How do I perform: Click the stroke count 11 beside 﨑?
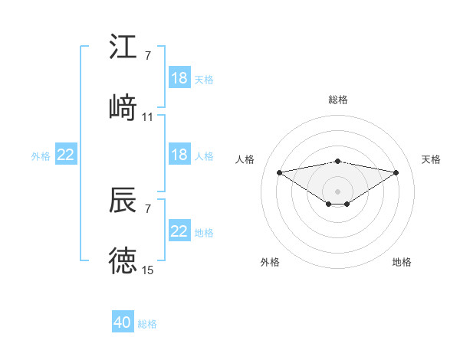[x=148, y=117]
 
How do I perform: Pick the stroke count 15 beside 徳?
[x=148, y=270]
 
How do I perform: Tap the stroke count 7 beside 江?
[x=147, y=56]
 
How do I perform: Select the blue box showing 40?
[x=123, y=322]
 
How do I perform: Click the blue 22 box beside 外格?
[x=66, y=155]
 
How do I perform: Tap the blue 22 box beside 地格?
[x=179, y=231]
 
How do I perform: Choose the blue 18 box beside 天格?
[x=179, y=78]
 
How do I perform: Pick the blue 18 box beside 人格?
[x=179, y=155]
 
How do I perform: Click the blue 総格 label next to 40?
[x=147, y=324]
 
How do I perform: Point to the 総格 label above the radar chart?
[x=337, y=100]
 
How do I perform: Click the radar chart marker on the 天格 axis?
[x=396, y=172]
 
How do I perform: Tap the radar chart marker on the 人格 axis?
[x=279, y=172]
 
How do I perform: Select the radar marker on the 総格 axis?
[x=337, y=161]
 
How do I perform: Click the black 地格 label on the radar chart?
[x=402, y=262]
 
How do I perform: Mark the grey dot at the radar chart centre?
[x=337, y=190]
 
